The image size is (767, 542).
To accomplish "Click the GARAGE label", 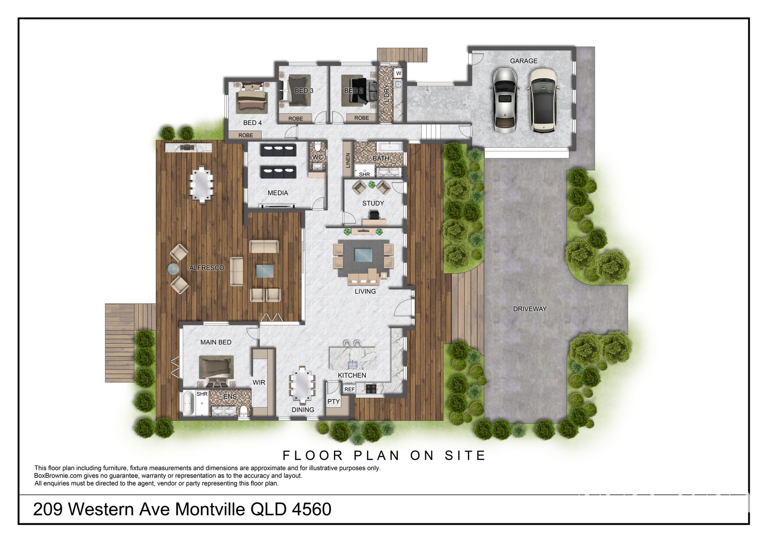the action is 523,61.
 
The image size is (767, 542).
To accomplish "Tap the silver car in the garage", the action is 505,100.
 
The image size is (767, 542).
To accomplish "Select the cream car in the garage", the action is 543,101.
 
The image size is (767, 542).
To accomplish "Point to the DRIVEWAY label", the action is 530,309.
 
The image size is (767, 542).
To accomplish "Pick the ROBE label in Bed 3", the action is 296,119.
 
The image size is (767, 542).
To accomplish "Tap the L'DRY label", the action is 386,93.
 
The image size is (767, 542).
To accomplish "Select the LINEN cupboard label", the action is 348,160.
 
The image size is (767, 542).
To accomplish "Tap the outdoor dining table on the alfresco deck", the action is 202,185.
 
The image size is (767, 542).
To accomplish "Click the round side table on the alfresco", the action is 173,269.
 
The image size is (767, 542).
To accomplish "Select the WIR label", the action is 259,382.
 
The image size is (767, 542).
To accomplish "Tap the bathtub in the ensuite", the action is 189,403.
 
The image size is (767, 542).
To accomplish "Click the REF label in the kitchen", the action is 350,389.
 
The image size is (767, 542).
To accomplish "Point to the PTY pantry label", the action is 334,401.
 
